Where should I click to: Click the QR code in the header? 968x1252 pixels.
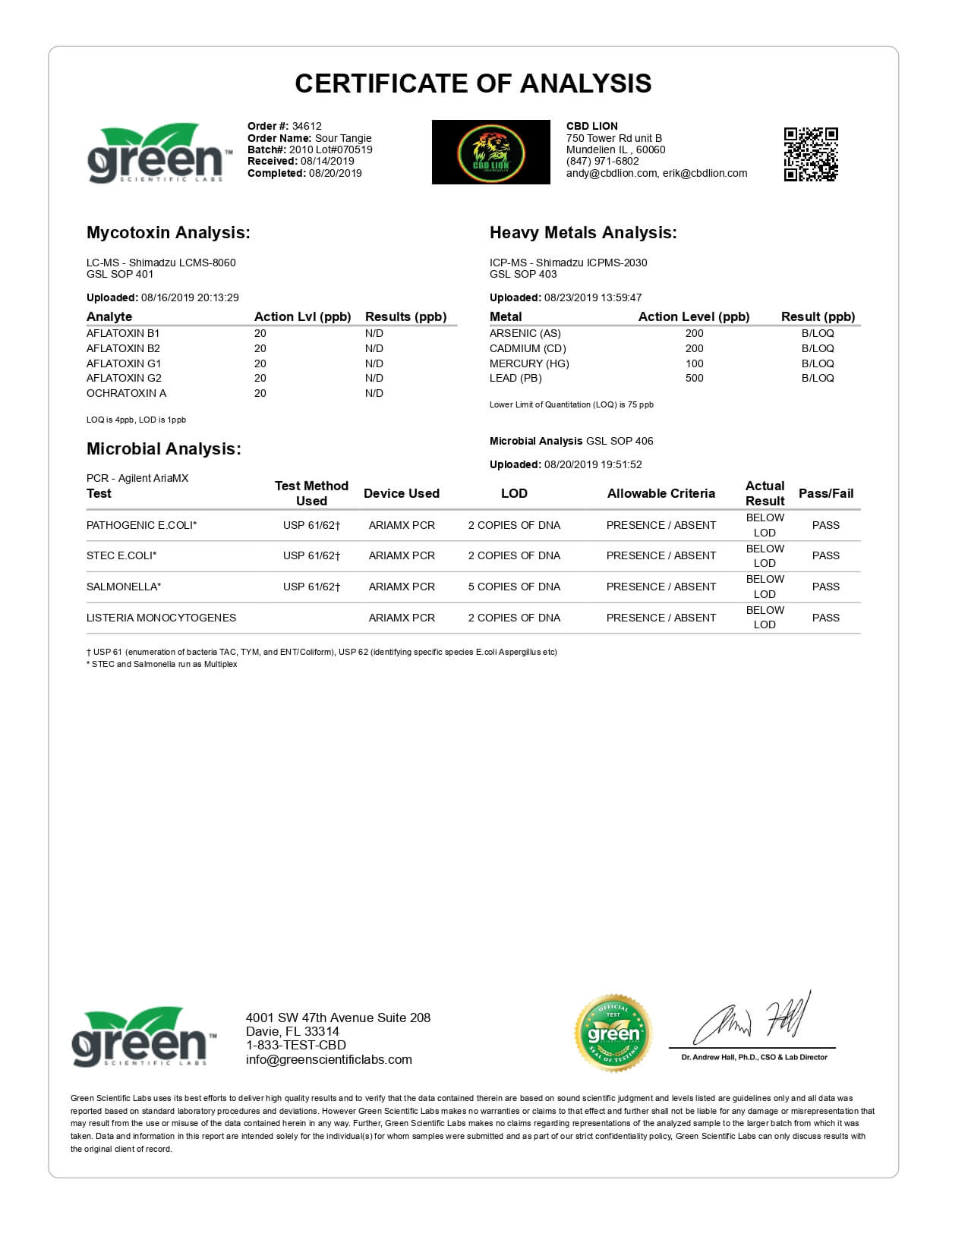[810, 154]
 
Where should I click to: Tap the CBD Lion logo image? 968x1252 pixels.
[490, 152]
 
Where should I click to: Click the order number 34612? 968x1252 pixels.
[307, 126]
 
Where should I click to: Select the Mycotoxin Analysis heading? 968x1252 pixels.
[168, 233]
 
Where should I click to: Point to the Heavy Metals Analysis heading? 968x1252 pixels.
[582, 233]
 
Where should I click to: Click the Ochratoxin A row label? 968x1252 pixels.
[126, 393]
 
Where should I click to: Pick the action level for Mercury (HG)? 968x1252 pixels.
[694, 363]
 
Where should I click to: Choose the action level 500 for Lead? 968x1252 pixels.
[694, 378]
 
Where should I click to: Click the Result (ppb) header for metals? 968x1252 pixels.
[818, 316]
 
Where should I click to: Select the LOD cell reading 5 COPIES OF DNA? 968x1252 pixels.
[514, 587]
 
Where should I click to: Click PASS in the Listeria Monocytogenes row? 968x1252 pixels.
[825, 618]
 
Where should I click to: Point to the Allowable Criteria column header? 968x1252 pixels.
[661, 493]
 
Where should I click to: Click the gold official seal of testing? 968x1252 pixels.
[613, 1033]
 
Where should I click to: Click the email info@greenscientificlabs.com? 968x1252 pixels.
[329, 1059]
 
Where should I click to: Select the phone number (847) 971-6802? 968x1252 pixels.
[602, 161]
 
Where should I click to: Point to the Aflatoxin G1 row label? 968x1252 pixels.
[124, 363]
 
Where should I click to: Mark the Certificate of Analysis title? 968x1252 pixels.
[473, 83]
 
